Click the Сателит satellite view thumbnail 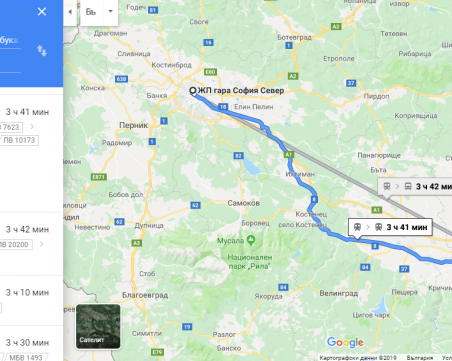98,325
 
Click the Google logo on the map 345,343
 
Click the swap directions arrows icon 41,50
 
